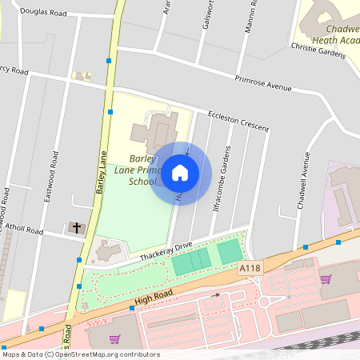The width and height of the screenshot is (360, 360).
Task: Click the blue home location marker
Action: pos(181,172)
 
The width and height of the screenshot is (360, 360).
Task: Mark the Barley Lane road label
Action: pos(102,175)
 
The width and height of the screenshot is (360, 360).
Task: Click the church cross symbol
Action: pos(78,228)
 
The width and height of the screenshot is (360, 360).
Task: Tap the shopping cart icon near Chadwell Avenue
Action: pos(326,279)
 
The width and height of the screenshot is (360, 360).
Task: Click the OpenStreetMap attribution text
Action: pos(80,354)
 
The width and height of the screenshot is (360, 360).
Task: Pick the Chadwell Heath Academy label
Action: pos(328,29)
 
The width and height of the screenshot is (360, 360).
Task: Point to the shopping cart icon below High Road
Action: pos(114,339)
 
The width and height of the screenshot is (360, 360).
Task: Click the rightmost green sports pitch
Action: pos(230,252)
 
